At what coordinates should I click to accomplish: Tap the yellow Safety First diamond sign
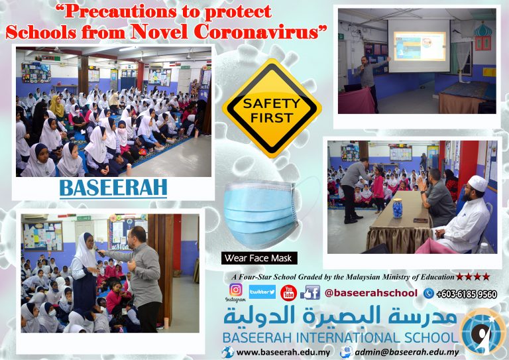(272, 109)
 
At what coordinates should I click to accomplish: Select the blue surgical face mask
(260, 215)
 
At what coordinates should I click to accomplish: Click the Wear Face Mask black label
(259, 259)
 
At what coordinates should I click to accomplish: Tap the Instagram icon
(236, 290)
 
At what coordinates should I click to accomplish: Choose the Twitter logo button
(262, 292)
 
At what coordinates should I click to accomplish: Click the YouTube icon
(288, 292)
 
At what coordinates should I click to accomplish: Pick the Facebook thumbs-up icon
(310, 292)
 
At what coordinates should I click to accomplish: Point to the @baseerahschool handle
(371, 293)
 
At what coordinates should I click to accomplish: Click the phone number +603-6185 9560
(467, 294)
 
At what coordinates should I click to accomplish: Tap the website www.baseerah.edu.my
(283, 353)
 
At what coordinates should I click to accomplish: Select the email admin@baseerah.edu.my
(407, 353)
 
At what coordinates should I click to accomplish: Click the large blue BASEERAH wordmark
(113, 188)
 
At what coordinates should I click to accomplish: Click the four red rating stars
(473, 276)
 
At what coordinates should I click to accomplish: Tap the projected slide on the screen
(420, 46)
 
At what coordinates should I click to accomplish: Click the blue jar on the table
(398, 208)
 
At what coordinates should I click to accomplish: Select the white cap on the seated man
(478, 183)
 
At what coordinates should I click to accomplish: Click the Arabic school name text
(339, 316)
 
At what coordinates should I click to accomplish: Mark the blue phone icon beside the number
(429, 294)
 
